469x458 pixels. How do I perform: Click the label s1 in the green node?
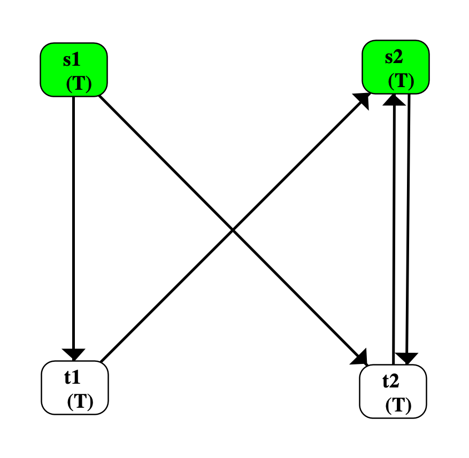click(71, 59)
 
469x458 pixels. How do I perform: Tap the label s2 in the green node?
click(394, 57)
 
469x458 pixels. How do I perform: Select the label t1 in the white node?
click(72, 377)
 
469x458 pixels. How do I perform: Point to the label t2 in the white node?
click(391, 381)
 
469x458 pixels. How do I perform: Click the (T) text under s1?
click(79, 84)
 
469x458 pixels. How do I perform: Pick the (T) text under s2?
click(401, 81)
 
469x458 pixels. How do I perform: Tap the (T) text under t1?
click(80, 401)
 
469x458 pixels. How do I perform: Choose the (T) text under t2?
click(398, 406)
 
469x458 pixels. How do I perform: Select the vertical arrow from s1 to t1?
click(73, 214)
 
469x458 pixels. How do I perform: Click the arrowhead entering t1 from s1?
click(74, 354)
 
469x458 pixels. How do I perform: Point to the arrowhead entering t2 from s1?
click(361, 357)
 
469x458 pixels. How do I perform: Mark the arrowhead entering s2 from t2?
click(395, 99)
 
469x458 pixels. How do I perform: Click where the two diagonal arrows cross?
click(233, 230)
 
